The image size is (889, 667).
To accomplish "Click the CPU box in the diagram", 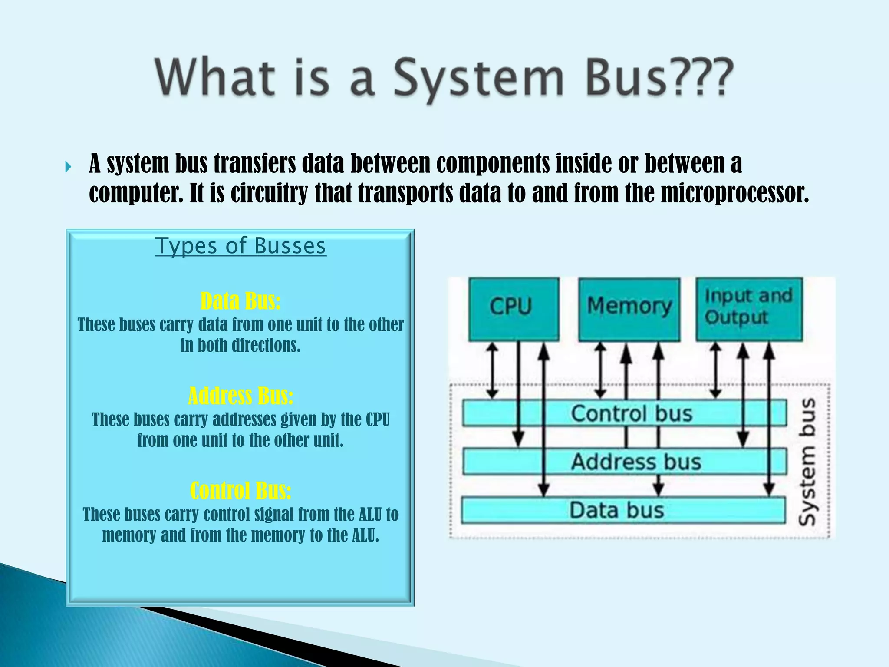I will [x=514, y=309].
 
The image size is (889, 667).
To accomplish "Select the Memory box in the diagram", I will [x=629, y=309].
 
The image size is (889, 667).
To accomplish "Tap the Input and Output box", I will [x=749, y=309].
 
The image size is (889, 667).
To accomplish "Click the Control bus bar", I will [x=624, y=413].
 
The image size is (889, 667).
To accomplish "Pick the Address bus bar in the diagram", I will [x=624, y=461].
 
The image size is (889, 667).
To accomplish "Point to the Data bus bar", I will [x=622, y=510].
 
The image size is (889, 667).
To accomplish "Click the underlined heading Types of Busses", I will [x=240, y=246].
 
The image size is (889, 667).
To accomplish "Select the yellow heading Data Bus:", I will [x=240, y=301].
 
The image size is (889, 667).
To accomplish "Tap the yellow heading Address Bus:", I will [x=240, y=396].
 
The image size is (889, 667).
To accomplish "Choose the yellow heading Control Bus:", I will [x=240, y=491].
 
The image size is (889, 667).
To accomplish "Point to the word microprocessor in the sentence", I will [x=734, y=193].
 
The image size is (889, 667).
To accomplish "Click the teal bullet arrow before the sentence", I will [x=68, y=167].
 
